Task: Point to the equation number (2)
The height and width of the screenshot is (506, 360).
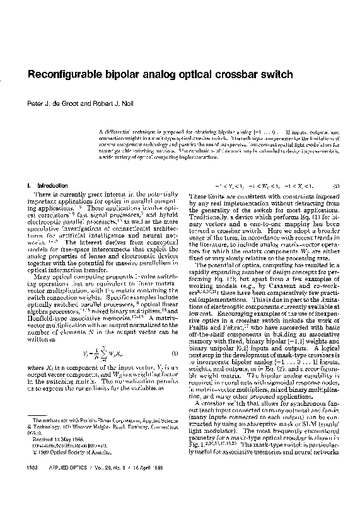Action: (x=337, y=186)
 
